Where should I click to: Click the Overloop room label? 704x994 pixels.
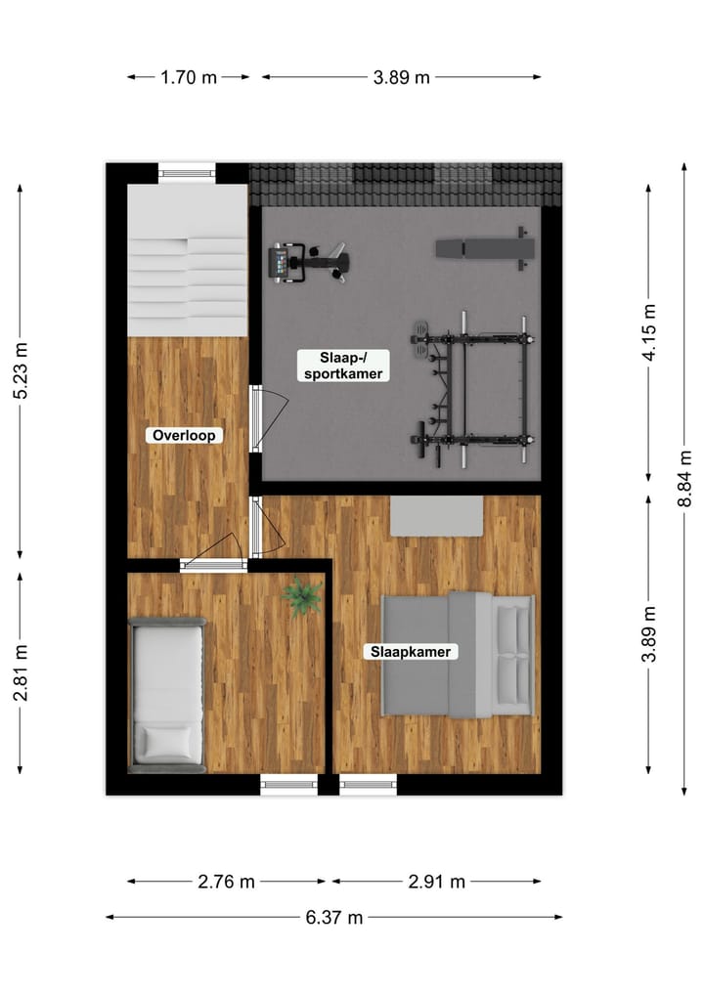[184, 436]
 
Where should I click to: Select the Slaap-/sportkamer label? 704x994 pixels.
[341, 366]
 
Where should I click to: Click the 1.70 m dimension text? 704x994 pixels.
[189, 78]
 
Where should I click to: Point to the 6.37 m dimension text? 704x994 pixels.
[333, 917]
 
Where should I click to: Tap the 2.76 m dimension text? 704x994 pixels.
[226, 882]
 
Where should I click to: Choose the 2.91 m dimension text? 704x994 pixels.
[437, 882]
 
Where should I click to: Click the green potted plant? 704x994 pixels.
[302, 594]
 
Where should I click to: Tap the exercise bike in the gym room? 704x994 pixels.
[308, 262]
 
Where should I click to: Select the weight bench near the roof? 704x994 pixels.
[486, 247]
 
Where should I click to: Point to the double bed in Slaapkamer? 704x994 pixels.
[458, 654]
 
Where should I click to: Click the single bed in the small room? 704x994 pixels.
[167, 695]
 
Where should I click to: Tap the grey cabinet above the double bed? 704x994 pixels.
[436, 516]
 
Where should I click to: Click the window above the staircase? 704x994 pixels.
[188, 173]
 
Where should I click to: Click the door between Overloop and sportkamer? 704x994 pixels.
[257, 418]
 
